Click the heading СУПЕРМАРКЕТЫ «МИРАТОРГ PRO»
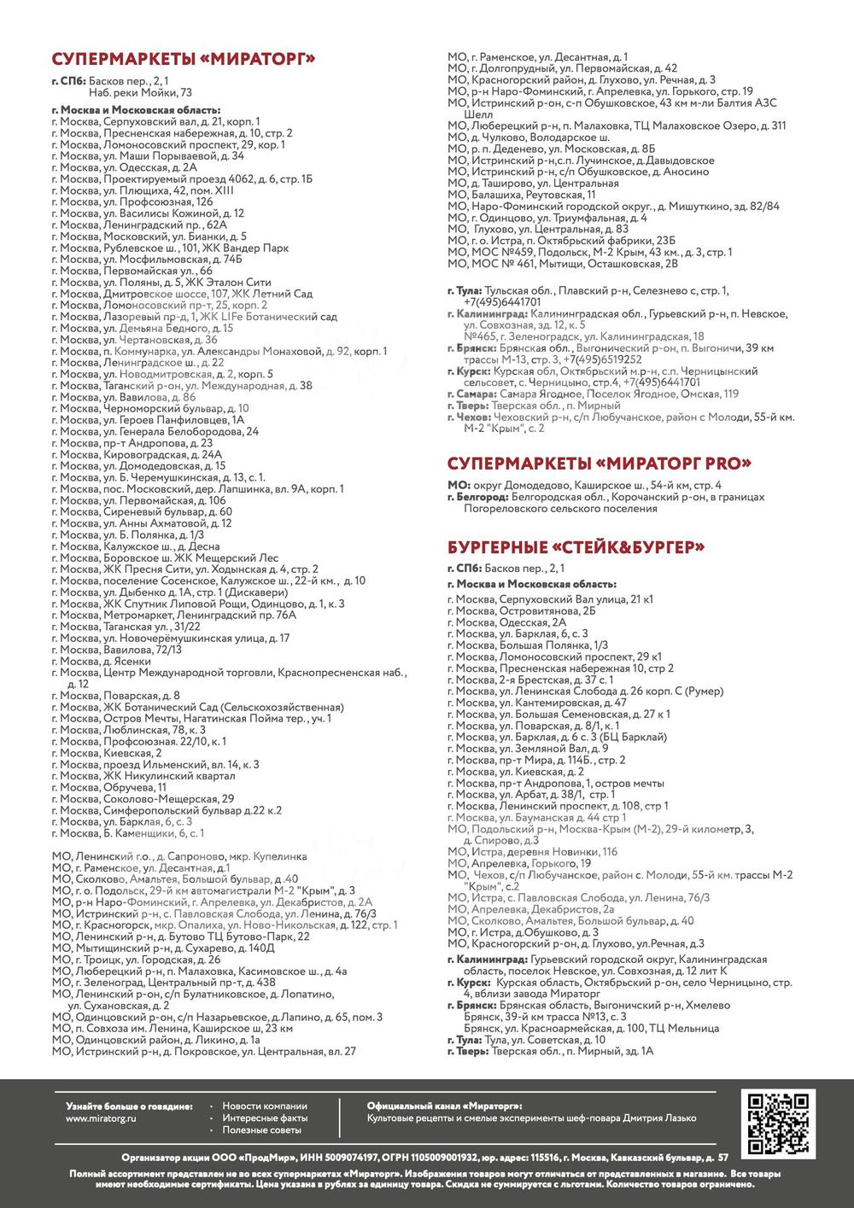click(600, 464)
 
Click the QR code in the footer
click(778, 1122)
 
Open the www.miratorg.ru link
click(102, 1118)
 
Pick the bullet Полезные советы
click(261, 1129)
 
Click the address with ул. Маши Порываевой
click(148, 156)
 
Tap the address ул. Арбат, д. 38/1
click(529, 795)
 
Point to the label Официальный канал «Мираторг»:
click(444, 1106)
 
